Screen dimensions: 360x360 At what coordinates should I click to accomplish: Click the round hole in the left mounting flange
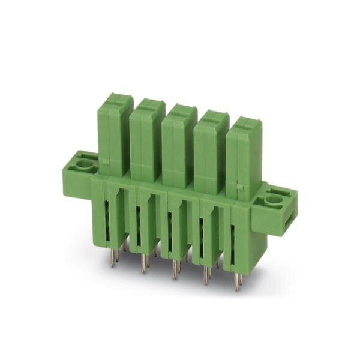85,163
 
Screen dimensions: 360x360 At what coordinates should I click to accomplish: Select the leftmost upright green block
115,132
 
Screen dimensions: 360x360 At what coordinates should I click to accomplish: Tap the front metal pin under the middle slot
175,271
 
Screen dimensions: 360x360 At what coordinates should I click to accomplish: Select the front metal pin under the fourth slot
206,276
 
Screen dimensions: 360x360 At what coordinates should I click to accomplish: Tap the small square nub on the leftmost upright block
106,161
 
